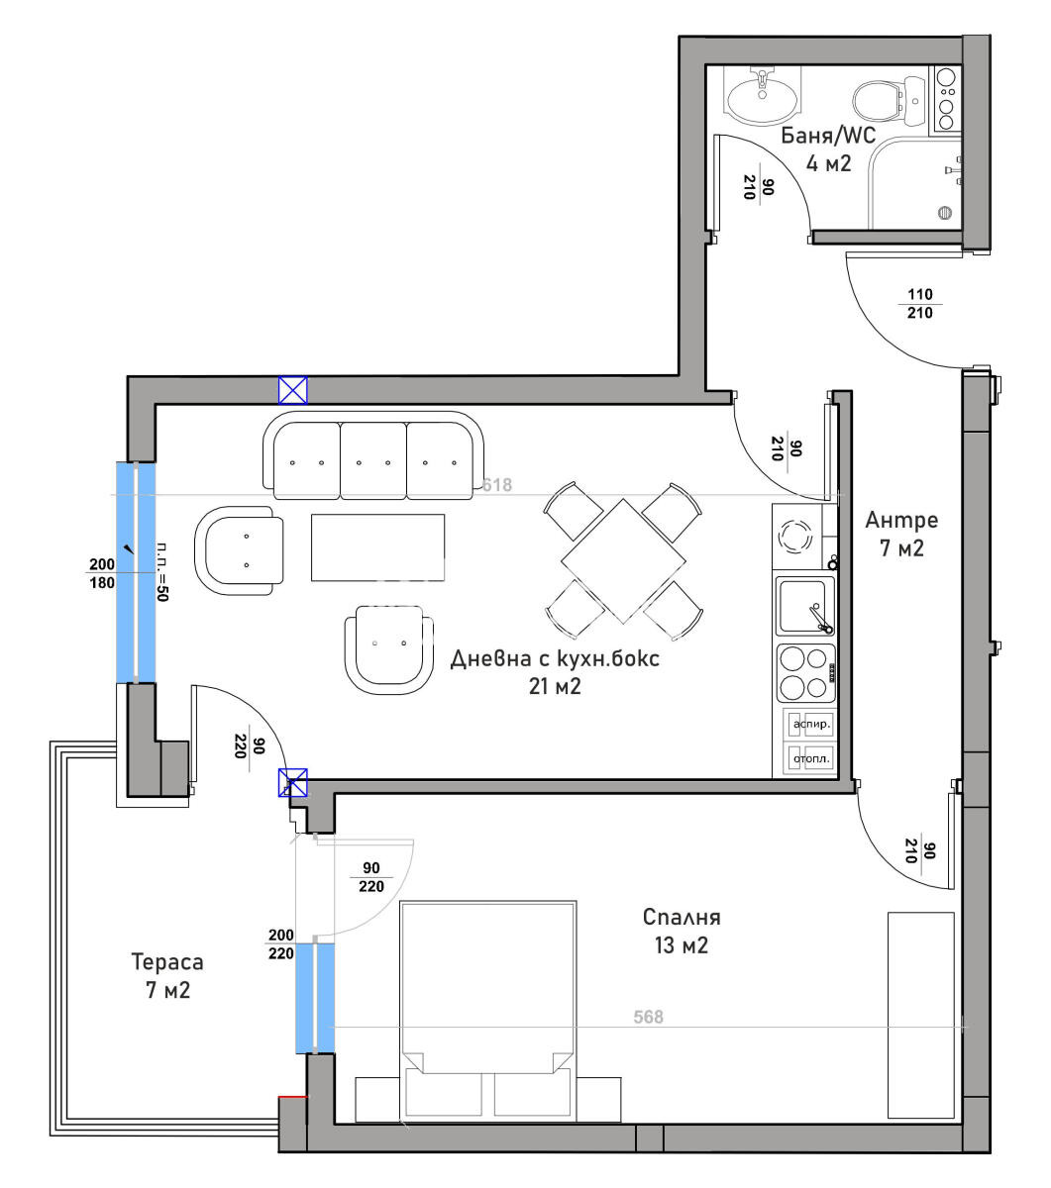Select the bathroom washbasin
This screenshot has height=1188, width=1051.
[x=761, y=97]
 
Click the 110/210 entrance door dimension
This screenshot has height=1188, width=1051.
[x=920, y=303]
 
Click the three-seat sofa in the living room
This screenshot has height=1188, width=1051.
[x=373, y=456]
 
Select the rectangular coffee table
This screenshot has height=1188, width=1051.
[x=377, y=547]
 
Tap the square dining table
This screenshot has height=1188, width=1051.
[x=623, y=561]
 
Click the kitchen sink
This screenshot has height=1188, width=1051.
[x=805, y=606]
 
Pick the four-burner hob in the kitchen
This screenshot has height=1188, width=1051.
[x=804, y=672]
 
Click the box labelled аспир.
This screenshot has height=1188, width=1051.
[x=811, y=725]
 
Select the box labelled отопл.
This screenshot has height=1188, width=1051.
[x=811, y=759]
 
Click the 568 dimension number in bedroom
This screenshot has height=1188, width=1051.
[x=648, y=1017]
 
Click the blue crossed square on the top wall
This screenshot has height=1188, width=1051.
[x=292, y=390]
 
